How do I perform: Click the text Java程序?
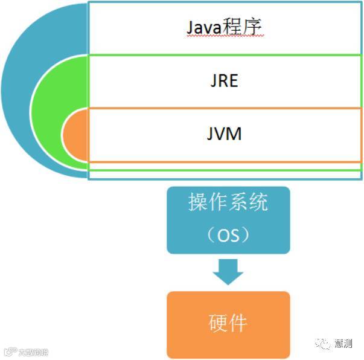pyautogui.click(x=224, y=28)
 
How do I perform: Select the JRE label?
pyautogui.click(x=224, y=80)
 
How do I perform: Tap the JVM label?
pyautogui.click(x=224, y=133)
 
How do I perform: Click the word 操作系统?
pyautogui.click(x=228, y=203)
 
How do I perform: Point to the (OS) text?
pyautogui.click(x=228, y=234)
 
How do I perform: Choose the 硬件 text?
pyautogui.click(x=228, y=323)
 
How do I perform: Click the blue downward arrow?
pyautogui.click(x=228, y=271)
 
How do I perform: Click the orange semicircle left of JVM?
pyautogui.click(x=75, y=135)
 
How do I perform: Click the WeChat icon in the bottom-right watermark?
pyautogui.click(x=326, y=343)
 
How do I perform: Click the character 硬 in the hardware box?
pyautogui.click(x=218, y=323)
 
